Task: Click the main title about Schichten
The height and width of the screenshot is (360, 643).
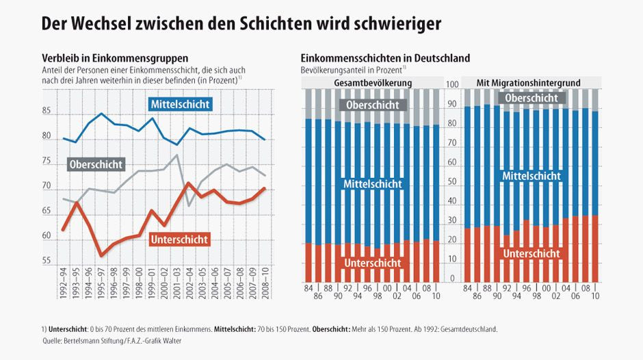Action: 241,23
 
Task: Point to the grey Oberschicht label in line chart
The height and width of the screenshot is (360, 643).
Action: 96,164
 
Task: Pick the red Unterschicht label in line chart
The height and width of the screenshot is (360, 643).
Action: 179,239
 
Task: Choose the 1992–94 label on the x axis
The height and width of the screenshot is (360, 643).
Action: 63,287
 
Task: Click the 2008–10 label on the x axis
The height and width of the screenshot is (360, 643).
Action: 265,287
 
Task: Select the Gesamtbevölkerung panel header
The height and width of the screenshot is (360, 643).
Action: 372,83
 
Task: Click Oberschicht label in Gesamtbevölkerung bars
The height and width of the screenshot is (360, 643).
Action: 373,105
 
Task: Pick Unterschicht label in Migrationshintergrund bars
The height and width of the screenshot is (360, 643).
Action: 531,253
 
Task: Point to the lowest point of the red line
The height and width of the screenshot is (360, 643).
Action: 101,256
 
